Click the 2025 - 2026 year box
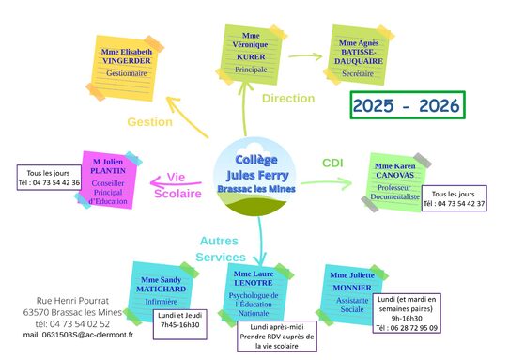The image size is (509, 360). (408, 105)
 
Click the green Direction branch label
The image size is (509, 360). (288, 98)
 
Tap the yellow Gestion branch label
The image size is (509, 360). (150, 121)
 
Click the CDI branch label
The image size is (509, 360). (333, 163)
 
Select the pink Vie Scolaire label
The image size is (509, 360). (177, 185)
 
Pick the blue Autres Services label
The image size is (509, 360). (222, 248)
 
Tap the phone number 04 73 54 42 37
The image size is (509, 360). (454, 204)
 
